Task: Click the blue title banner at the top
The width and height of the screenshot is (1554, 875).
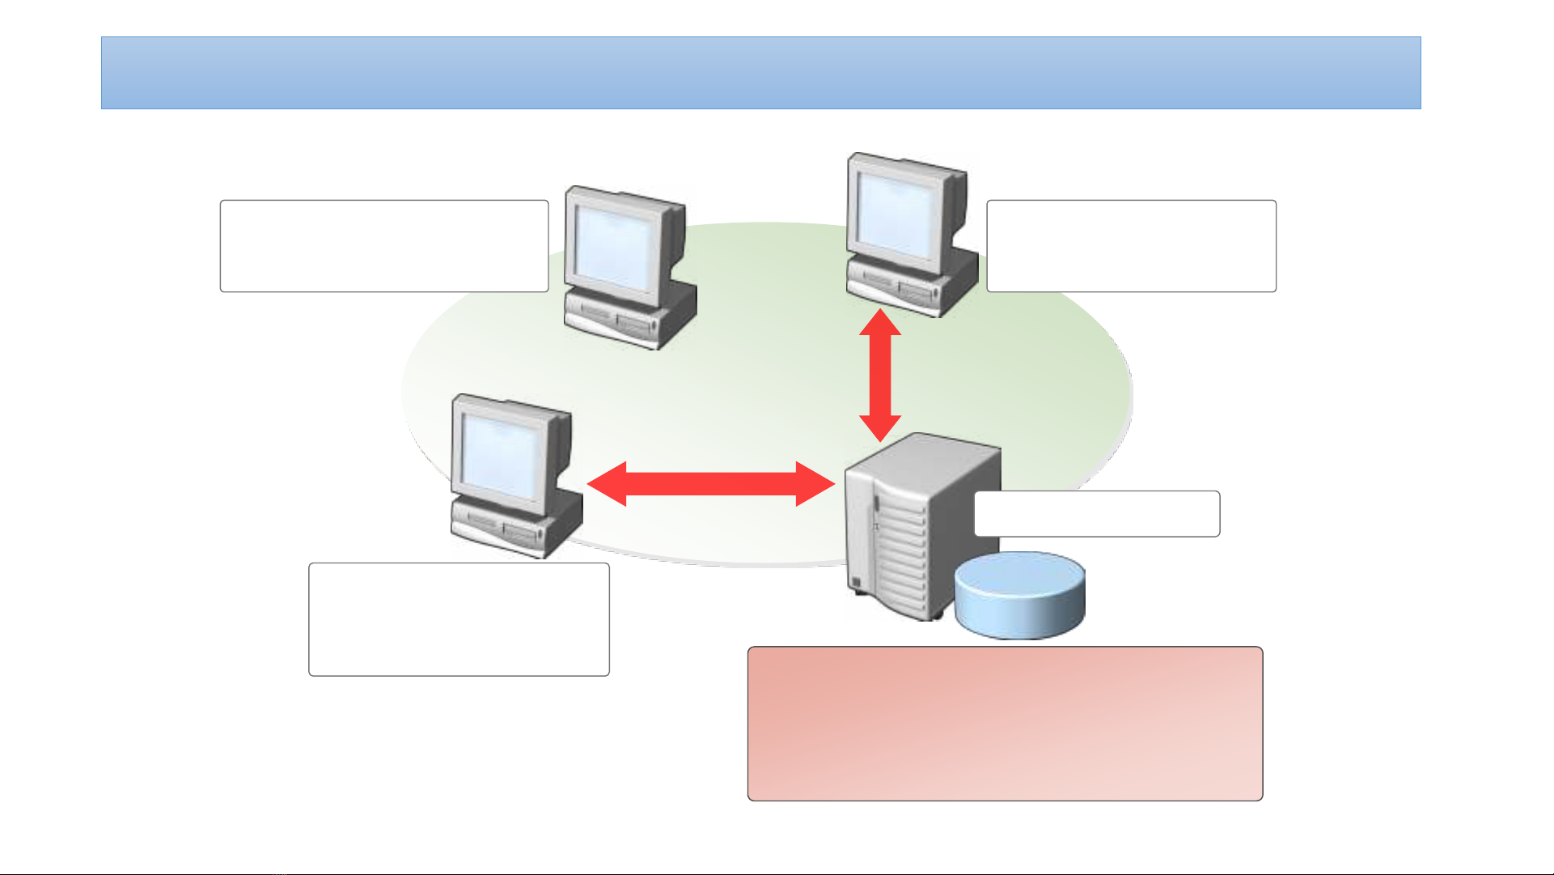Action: pyautogui.click(x=760, y=73)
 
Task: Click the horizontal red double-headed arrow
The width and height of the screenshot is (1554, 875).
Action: pyautogui.click(x=710, y=484)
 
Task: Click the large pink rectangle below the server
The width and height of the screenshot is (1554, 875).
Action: pyautogui.click(x=1005, y=724)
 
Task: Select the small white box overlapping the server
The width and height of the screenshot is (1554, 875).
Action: pyautogui.click(x=1097, y=513)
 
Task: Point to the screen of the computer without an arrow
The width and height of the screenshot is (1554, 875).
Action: pyautogui.click(x=615, y=248)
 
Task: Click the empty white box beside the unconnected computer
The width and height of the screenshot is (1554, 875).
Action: pyautogui.click(x=384, y=246)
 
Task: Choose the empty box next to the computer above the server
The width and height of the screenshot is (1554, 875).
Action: pyautogui.click(x=1131, y=246)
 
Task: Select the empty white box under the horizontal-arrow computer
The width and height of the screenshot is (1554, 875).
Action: pyautogui.click(x=459, y=619)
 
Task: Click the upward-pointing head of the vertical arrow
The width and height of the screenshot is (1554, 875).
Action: pyautogui.click(x=879, y=323)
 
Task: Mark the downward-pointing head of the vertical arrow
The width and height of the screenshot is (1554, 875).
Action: pyautogui.click(x=879, y=428)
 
